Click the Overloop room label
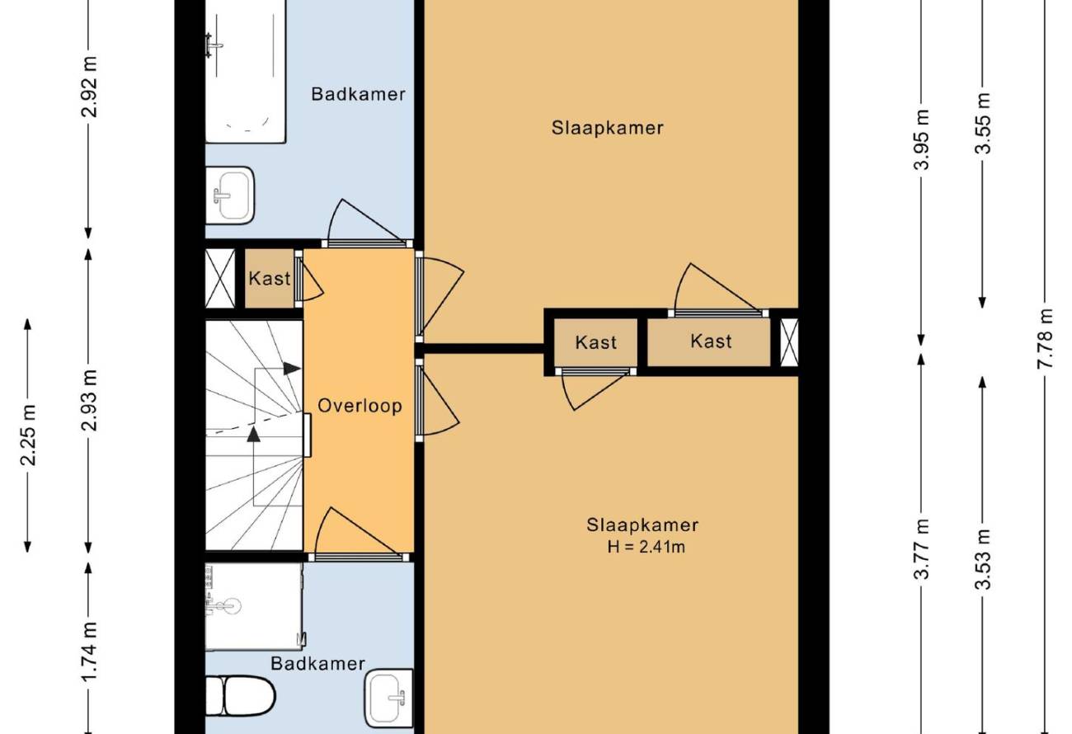pyautogui.click(x=360, y=406)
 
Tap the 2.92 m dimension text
pyautogui.click(x=90, y=87)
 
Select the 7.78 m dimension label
pyautogui.click(x=1046, y=338)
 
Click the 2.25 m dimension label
pyautogui.click(x=29, y=435)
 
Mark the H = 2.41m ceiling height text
pyautogui.click(x=646, y=547)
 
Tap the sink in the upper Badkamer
pyautogui.click(x=230, y=195)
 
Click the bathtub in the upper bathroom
pyautogui.click(x=246, y=72)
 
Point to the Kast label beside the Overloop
pyautogui.click(x=270, y=279)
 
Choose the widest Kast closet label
pyautogui.click(x=711, y=341)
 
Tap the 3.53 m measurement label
pyautogui.click(x=982, y=559)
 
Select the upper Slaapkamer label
pyautogui.click(x=607, y=128)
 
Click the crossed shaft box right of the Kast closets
pyautogui.click(x=789, y=342)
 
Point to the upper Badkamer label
pyautogui.click(x=359, y=94)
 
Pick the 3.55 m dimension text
pyautogui.click(x=982, y=123)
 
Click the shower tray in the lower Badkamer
pyautogui.click(x=254, y=606)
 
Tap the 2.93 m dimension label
pyautogui.click(x=90, y=401)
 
